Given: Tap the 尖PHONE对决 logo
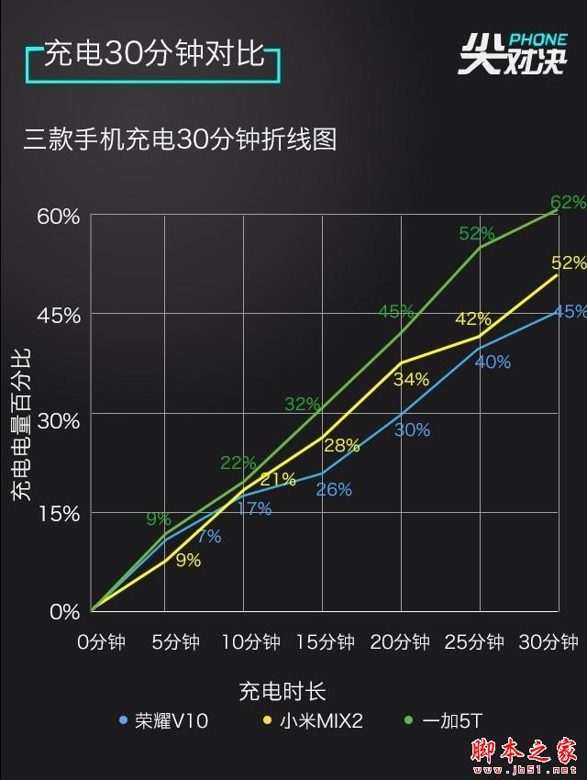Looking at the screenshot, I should [511, 54].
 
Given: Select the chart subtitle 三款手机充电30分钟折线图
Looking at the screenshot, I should [181, 139].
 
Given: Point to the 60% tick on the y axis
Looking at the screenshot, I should [58, 217].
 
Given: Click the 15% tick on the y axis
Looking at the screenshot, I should [58, 514].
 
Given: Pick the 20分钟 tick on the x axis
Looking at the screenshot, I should [401, 641].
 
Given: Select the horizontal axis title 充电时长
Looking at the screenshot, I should [282, 690].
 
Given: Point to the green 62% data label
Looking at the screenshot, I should [567, 201].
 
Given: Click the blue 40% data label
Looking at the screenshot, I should [493, 362].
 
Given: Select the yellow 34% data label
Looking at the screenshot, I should [411, 378].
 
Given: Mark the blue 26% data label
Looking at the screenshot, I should [334, 489].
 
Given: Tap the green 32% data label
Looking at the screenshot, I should [303, 404].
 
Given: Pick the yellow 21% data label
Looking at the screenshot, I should [278, 479].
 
